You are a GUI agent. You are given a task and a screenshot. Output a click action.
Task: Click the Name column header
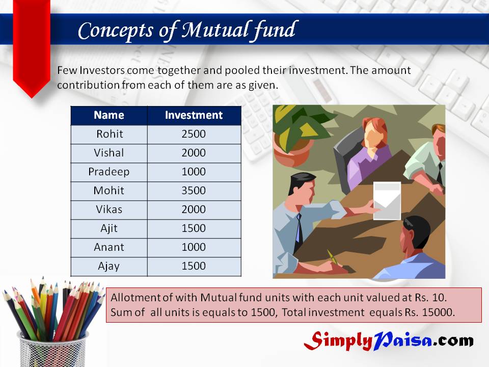[109, 115]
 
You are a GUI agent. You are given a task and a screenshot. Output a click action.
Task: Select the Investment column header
[194, 115]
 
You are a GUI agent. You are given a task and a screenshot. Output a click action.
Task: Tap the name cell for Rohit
[110, 134]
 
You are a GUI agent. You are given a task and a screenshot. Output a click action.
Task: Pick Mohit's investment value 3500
[194, 190]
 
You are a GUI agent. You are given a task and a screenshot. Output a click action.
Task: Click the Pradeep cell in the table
[109, 172]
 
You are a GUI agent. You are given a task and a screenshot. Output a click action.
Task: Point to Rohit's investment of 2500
[194, 134]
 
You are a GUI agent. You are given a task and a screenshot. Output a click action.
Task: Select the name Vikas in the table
[109, 209]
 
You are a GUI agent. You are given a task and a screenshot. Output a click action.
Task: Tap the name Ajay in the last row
[109, 266]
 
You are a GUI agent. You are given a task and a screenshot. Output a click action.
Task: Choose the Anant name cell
[109, 247]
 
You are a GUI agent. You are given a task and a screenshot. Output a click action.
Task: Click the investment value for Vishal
[194, 153]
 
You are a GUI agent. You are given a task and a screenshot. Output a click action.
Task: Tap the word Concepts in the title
[116, 31]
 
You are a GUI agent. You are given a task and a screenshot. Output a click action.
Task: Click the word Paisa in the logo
[402, 340]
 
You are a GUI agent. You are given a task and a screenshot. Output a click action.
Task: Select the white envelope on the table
[387, 201]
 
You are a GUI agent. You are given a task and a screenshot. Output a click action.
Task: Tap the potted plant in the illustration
[296, 134]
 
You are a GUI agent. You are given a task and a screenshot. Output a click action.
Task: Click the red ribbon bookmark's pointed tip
[32, 98]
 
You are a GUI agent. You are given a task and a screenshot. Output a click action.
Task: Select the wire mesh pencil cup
[52, 350]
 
